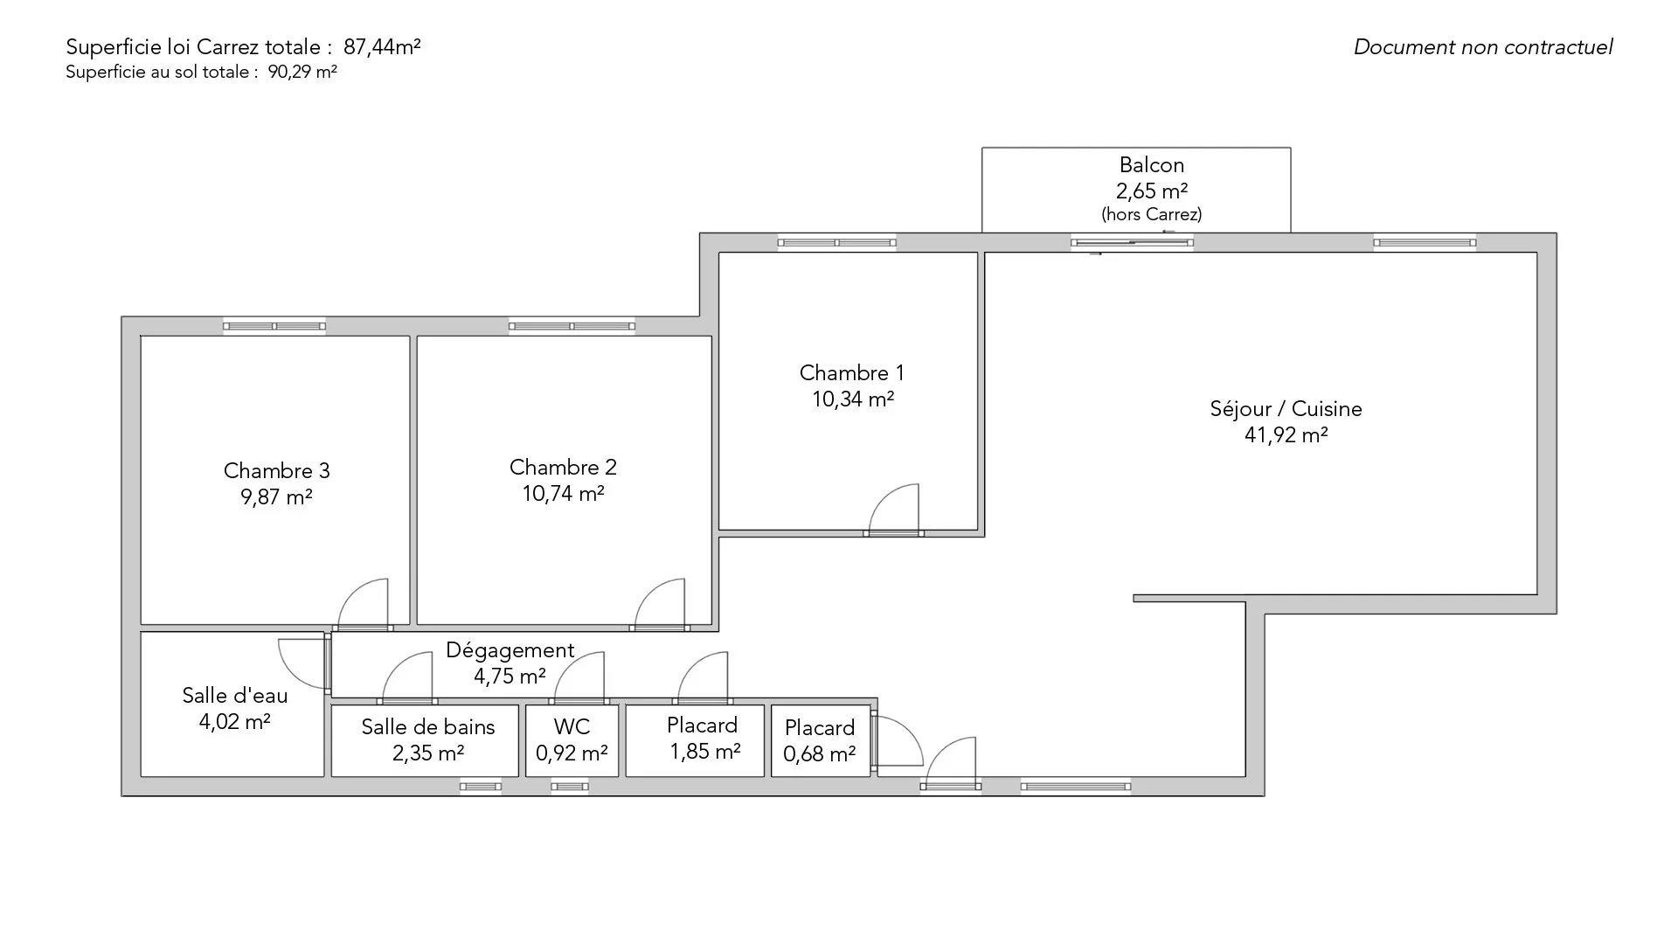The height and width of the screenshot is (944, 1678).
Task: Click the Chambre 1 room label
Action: tap(851, 373)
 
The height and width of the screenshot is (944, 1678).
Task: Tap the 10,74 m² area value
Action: tap(564, 494)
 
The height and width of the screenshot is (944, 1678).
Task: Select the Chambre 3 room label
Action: tap(276, 471)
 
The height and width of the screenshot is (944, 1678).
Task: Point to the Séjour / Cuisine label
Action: tap(1286, 409)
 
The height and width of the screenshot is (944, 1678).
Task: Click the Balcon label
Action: tap(1152, 165)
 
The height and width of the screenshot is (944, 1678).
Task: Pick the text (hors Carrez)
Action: tap(1152, 214)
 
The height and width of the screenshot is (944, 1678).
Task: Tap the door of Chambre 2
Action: tap(660, 603)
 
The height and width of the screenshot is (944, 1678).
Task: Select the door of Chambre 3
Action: tap(363, 603)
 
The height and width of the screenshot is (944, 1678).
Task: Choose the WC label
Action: tap(572, 727)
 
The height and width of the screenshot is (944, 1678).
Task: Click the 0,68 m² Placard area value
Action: tap(819, 754)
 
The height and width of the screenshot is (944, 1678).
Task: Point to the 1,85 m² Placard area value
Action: tap(705, 752)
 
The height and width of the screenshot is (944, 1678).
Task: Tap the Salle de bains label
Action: tap(428, 727)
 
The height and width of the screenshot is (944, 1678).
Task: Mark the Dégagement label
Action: tap(510, 650)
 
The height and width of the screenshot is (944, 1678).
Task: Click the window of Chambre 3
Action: tap(274, 326)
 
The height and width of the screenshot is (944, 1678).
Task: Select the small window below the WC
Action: tap(570, 787)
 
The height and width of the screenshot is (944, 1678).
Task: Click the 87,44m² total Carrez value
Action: tap(382, 47)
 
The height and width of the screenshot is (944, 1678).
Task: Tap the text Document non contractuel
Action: tap(1483, 47)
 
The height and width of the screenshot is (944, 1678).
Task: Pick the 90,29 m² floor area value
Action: tap(302, 72)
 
